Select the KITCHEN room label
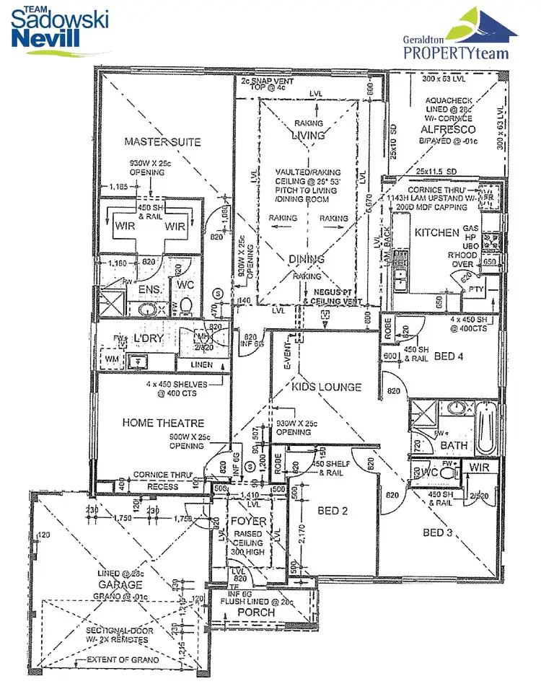[436, 233]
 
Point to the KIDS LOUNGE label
[326, 387]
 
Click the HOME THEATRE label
[163, 423]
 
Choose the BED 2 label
[333, 512]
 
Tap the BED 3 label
[438, 533]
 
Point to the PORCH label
[256, 613]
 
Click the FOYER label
[247, 521]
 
